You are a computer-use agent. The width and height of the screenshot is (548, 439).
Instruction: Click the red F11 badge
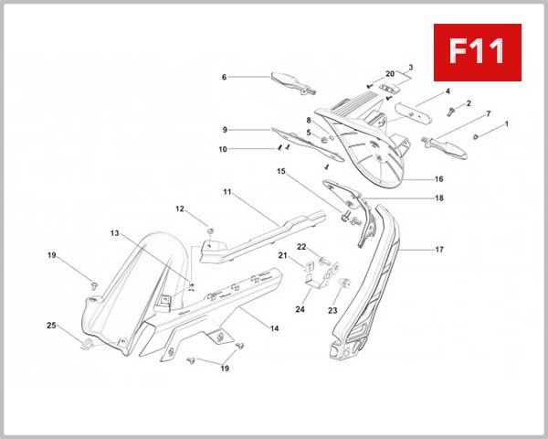coord(477,52)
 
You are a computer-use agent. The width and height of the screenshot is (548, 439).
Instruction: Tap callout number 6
coord(224,78)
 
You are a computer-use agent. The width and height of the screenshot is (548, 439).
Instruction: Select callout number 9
coord(224,130)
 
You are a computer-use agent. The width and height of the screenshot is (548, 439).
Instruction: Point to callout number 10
coord(224,149)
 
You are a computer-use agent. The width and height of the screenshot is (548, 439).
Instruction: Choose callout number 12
coord(180,209)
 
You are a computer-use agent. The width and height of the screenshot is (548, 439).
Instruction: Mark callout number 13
coord(115,234)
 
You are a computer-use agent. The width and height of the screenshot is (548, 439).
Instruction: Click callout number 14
coord(274,327)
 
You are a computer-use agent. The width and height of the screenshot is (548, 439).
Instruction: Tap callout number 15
coord(281,171)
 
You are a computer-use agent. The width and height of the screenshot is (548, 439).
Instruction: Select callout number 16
coord(439,179)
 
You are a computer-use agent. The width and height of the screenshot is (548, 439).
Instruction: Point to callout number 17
coord(439,249)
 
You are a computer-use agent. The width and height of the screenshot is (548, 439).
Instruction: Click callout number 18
coord(439,198)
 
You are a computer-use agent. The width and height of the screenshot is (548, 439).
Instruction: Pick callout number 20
coord(390,73)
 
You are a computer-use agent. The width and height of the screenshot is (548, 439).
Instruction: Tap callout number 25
coord(52,326)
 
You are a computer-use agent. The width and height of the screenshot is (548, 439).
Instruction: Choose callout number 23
coord(332,310)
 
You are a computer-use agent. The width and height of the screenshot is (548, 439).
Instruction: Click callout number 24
coord(300,309)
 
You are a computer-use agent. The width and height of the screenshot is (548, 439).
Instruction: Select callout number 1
coord(507,123)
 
